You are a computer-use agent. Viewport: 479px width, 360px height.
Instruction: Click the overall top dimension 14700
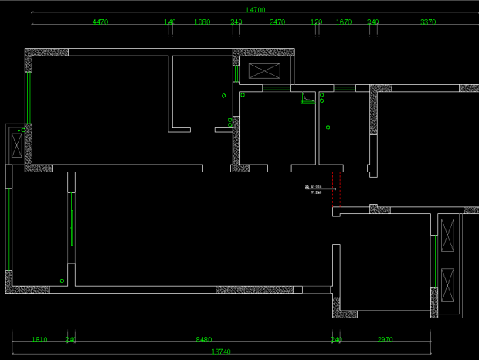coord(255,10)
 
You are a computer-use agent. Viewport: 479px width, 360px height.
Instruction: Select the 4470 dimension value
coord(100,22)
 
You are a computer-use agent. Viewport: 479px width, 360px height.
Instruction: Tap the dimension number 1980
coord(202,22)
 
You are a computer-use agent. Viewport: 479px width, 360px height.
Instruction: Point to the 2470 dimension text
coord(277,22)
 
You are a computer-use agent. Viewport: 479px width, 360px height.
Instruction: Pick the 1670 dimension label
coord(343,22)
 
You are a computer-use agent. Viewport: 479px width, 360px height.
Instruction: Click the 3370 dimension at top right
coord(427,22)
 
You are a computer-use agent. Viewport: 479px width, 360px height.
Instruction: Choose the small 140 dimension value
coord(170,22)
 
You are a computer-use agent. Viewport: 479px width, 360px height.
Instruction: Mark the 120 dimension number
coord(316,22)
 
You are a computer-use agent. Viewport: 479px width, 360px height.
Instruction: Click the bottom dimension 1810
coord(39,339)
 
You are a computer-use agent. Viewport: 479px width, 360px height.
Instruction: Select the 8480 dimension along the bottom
coord(203,339)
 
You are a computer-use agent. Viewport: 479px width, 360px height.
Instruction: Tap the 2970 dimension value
coord(385,339)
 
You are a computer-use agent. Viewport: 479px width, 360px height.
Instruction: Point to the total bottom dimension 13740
coord(221,352)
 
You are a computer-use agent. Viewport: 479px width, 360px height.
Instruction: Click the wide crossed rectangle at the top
coord(265,71)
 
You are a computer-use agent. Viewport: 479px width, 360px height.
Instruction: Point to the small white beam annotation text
coord(314,189)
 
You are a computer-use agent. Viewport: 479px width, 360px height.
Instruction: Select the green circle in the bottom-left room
coord(62,280)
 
